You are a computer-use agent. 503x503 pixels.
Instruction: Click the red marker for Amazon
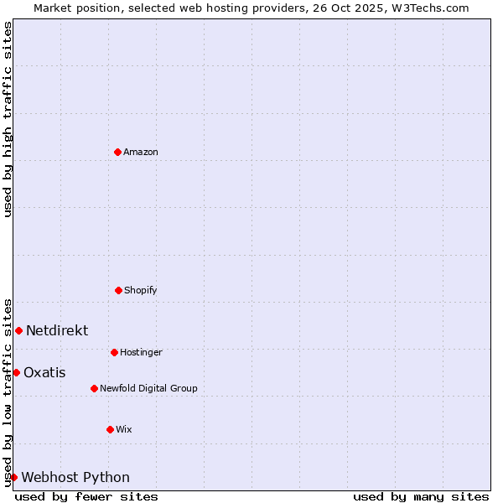tap(118, 152)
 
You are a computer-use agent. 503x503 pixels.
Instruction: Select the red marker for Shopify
tap(118, 290)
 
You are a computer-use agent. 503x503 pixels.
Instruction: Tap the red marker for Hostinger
tap(114, 352)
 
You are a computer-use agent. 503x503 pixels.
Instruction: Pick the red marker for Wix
tap(110, 429)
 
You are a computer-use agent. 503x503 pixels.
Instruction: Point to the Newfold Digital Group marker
tap(94, 388)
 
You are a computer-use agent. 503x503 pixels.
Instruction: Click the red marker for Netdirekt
tap(18, 330)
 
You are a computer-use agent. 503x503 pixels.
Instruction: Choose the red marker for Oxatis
tap(16, 372)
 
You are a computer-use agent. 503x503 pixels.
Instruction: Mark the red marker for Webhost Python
tap(13, 477)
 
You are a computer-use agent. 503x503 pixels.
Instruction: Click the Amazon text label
tap(141, 153)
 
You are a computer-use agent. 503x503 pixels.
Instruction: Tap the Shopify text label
tap(141, 291)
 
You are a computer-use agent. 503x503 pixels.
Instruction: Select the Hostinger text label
tap(141, 353)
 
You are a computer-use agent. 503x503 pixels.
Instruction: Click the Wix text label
tap(124, 430)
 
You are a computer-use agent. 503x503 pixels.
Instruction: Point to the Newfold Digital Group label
tap(148, 389)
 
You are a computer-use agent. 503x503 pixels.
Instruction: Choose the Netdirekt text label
tap(57, 331)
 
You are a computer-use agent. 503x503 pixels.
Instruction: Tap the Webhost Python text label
tap(75, 478)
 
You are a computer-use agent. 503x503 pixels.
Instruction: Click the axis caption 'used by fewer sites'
tap(86, 496)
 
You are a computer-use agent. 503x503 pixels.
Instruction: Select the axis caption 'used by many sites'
tap(421, 496)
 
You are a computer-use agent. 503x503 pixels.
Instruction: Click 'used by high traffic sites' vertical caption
tap(8, 119)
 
